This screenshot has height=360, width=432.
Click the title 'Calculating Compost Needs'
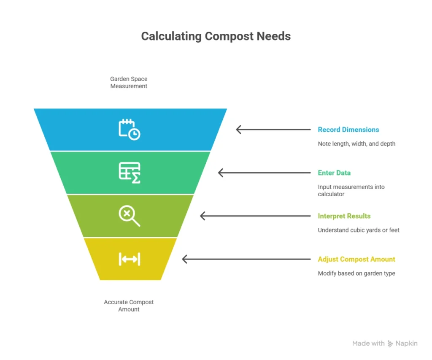click(216, 36)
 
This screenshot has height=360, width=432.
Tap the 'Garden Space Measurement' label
click(129, 82)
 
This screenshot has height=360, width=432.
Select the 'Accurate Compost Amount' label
click(129, 306)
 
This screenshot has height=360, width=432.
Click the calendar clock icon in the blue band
click(129, 129)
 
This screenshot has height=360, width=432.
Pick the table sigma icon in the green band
click(129, 173)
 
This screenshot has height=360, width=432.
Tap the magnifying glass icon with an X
click(129, 216)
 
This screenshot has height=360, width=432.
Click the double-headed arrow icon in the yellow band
click(129, 259)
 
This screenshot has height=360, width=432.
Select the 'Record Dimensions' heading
click(348, 130)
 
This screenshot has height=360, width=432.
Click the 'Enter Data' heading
click(334, 173)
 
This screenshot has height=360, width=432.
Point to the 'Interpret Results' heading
click(344, 216)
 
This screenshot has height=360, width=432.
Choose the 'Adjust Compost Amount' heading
click(356, 259)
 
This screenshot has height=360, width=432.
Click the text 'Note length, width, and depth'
click(356, 143)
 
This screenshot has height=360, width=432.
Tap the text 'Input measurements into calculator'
click(351, 190)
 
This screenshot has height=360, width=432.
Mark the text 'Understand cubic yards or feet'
click(359, 230)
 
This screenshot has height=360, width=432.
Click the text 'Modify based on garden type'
click(356, 273)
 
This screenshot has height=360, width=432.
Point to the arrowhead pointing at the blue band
click(238, 130)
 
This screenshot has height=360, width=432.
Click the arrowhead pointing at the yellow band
click(184, 259)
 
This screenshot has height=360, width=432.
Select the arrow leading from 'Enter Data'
click(266, 173)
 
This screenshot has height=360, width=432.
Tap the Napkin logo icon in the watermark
click(390, 344)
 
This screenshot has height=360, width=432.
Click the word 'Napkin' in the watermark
click(406, 344)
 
